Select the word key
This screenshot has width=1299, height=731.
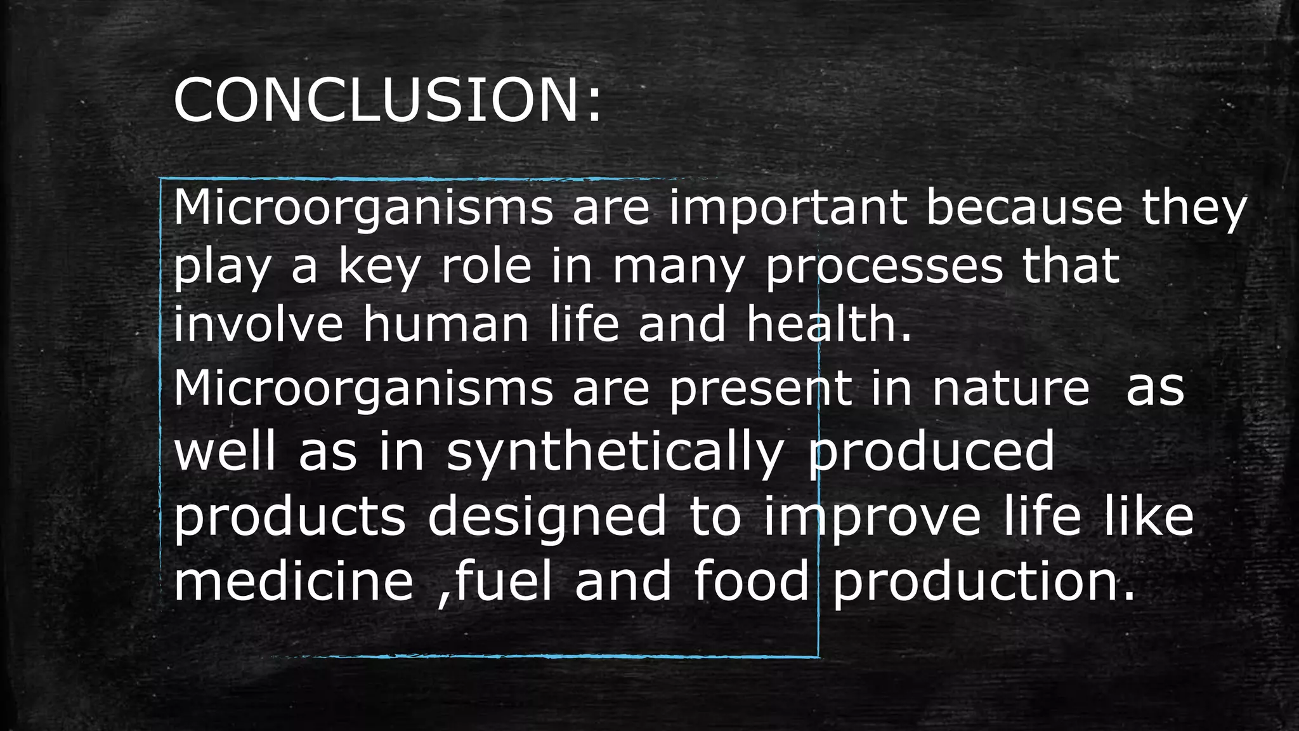coord(379,268)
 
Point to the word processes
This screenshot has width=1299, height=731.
coord(884,268)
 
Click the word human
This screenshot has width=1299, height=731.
coord(445,324)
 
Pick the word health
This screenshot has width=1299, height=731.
coord(828,324)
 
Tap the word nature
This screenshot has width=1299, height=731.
coord(1010,388)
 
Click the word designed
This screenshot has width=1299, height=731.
coord(547,516)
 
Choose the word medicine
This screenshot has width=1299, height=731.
coord(294,581)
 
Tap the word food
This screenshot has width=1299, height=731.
coord(751,581)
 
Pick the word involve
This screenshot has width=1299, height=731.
coord(258,324)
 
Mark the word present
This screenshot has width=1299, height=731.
coord(760,388)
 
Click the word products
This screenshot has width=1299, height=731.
coord(289,517)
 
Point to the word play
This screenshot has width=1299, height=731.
coord(221,268)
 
